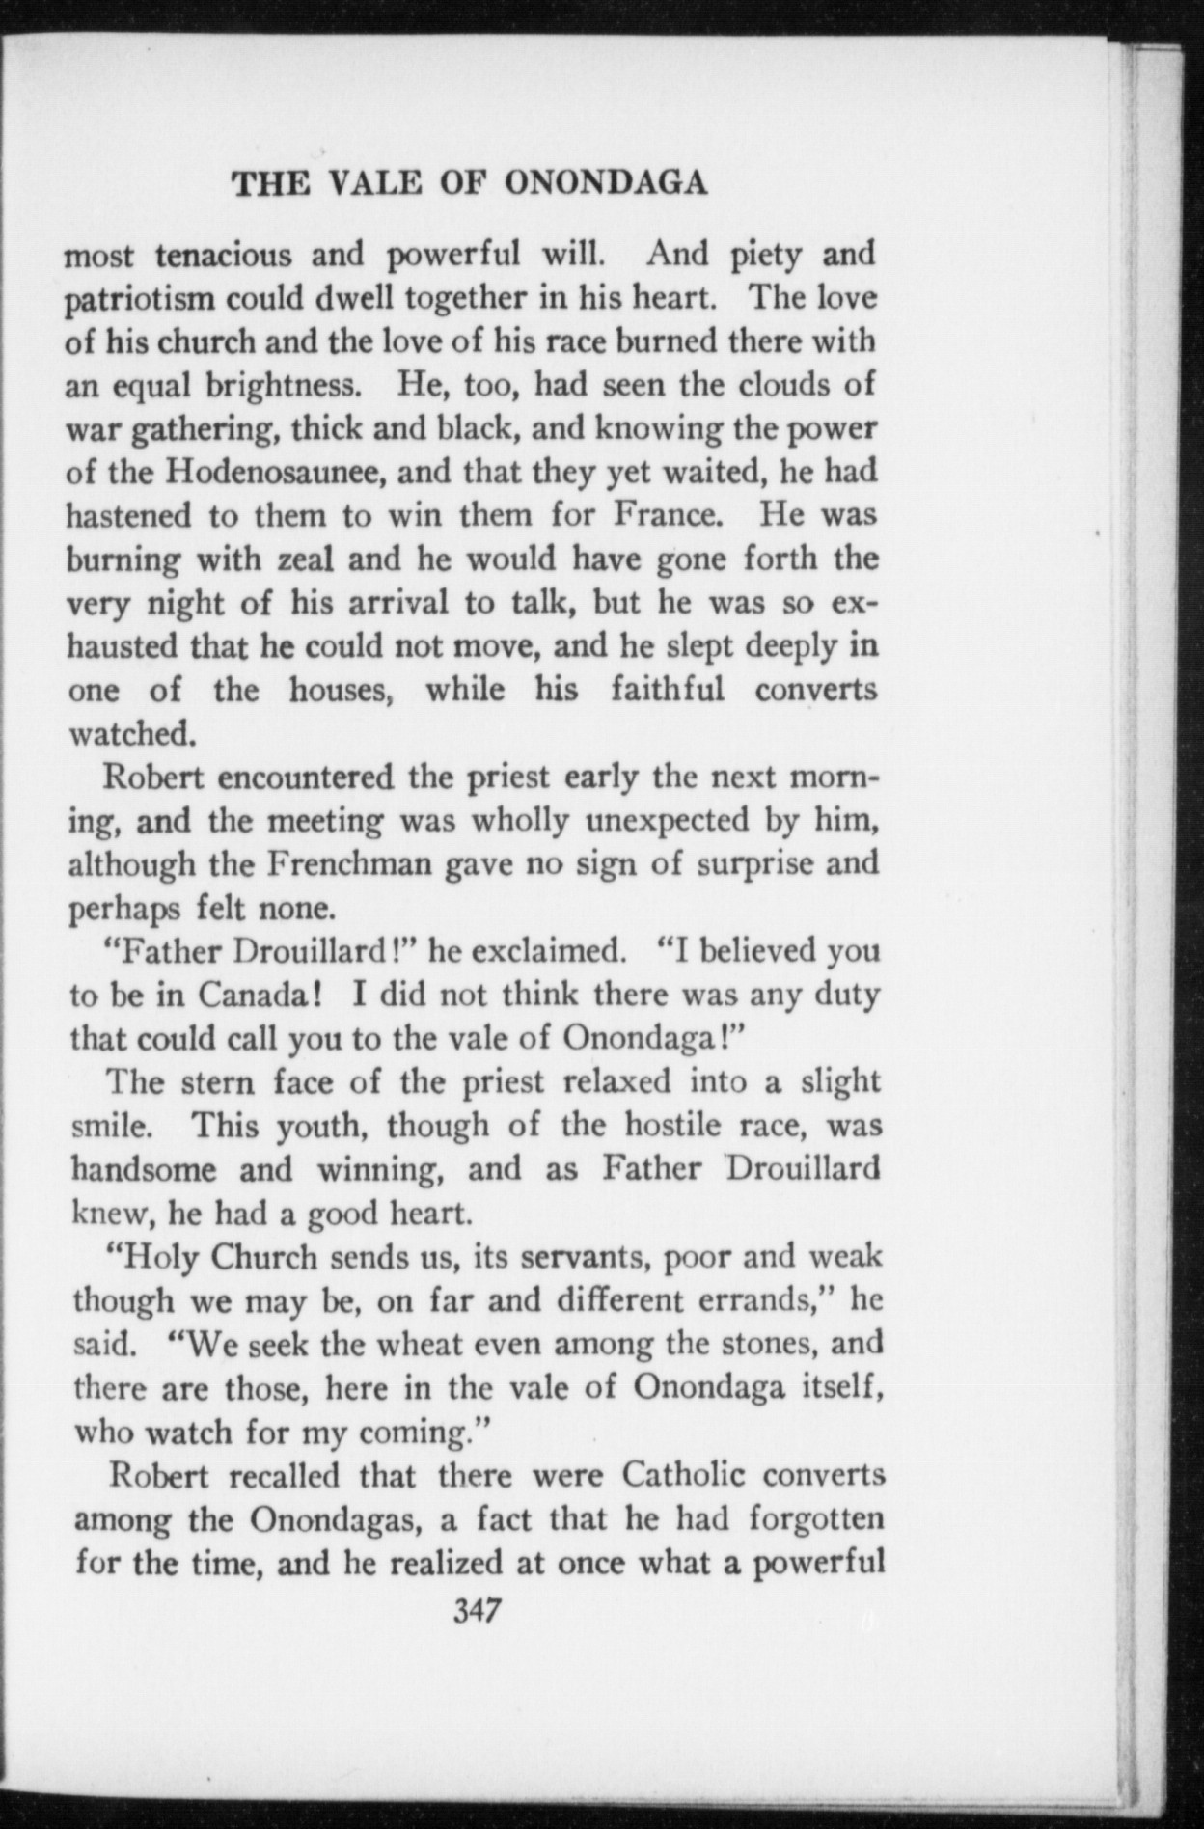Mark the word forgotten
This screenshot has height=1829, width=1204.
click(816, 1519)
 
